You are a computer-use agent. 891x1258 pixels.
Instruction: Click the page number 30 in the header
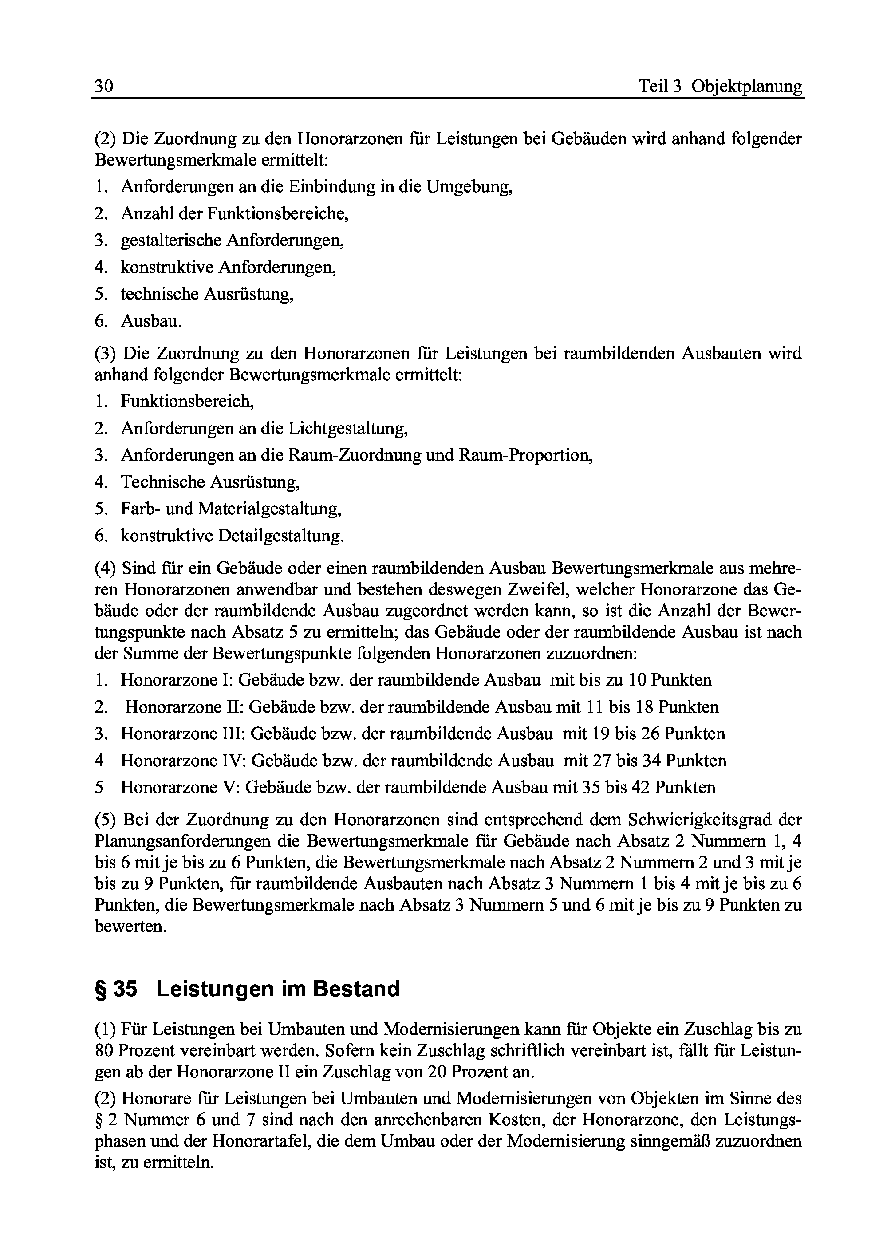(x=104, y=86)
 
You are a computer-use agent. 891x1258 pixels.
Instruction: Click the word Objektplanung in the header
(x=747, y=87)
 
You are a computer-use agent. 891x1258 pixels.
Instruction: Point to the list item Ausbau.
(x=151, y=321)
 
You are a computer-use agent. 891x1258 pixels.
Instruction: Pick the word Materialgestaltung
(x=269, y=509)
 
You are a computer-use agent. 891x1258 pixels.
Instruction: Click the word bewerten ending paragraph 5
(x=130, y=927)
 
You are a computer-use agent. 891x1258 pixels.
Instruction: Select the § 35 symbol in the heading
(x=116, y=989)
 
